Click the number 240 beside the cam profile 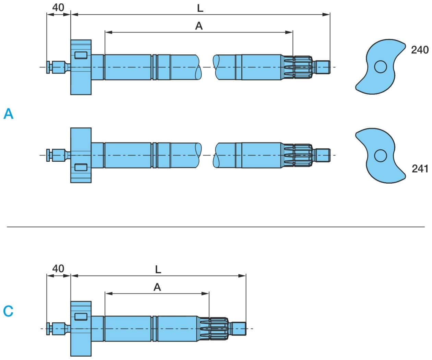420,50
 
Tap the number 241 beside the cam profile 420,169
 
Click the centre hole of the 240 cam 380,66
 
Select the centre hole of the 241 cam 380,156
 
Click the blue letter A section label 9,114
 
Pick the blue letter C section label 8,311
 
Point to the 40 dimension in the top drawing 58,8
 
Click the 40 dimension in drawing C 58,269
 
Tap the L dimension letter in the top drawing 200,8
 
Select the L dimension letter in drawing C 158,269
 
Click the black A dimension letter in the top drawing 199,26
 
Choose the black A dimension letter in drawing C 157,287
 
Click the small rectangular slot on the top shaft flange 81,55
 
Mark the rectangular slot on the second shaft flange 81,167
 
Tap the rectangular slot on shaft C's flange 81,316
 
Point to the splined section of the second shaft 298,155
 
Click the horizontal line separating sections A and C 216,227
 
